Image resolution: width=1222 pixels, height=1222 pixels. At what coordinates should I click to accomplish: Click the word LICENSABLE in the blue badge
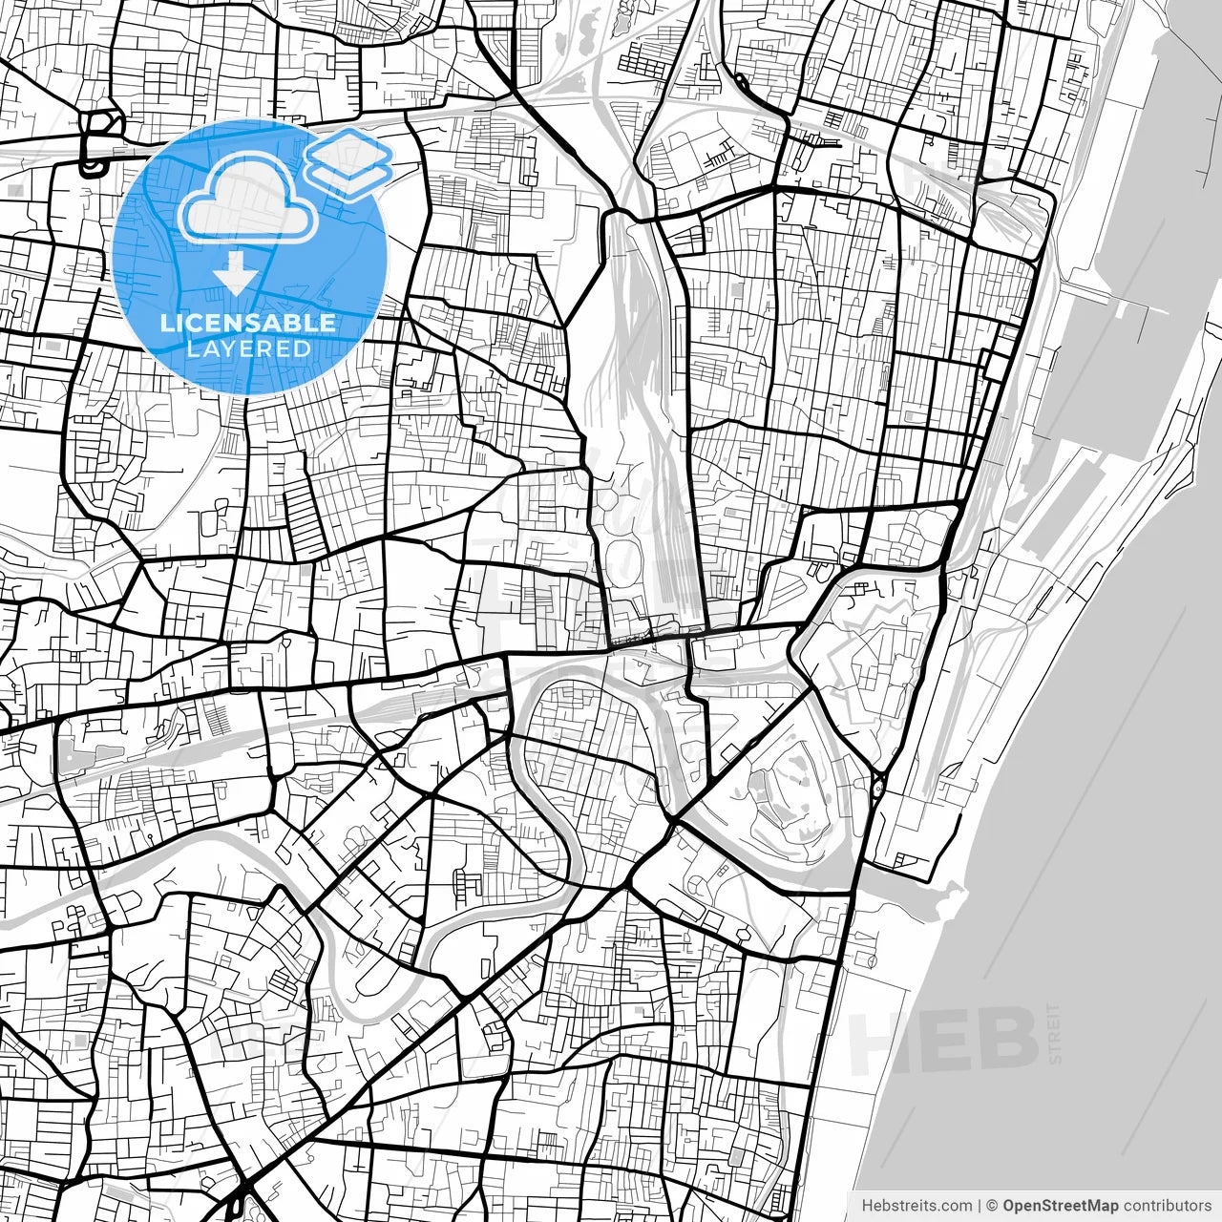click(x=248, y=323)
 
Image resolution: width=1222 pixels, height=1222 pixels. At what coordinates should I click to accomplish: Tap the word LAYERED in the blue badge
click(x=248, y=348)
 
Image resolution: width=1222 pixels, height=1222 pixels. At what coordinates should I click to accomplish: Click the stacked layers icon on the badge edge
click(x=349, y=160)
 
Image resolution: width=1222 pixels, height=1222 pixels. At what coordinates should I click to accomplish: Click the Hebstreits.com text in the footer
click(x=916, y=1205)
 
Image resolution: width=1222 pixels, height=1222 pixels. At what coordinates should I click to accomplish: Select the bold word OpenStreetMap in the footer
click(x=1061, y=1205)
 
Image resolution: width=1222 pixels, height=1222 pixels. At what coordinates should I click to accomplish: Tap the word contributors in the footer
click(x=1167, y=1205)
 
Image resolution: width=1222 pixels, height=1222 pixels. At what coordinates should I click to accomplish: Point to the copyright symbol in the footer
click(x=992, y=1205)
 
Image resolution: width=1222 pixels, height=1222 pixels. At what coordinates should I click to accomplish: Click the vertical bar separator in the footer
click(x=980, y=1205)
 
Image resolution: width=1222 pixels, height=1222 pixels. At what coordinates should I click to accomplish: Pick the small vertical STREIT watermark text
click(x=1054, y=1033)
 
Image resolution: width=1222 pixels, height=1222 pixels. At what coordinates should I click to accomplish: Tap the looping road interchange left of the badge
click(x=99, y=143)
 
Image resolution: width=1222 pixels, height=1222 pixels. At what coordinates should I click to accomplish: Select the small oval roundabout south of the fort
click(x=876, y=788)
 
